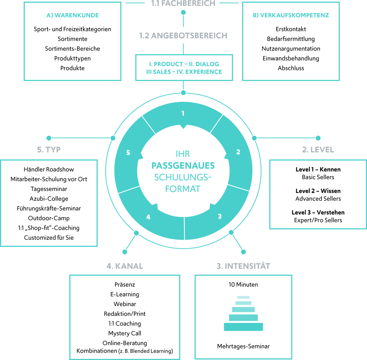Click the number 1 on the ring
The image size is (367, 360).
tap(183, 113)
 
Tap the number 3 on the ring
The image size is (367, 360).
tap(220, 217)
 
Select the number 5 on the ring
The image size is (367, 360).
tap(128, 153)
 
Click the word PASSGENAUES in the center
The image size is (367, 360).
tap(183, 166)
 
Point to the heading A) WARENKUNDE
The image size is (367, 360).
tap(72, 15)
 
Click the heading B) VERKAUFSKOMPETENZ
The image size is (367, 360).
tap(291, 15)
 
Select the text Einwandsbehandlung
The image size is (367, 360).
tap(291, 58)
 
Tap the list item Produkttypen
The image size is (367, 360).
tap(72, 58)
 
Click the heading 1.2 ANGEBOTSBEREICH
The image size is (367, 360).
tap(183, 36)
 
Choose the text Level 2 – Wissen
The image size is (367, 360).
tap(318, 191)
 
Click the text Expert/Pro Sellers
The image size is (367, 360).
tap(318, 220)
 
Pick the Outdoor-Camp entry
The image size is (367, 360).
tap(49, 218)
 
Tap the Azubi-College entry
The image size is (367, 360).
tap(49, 199)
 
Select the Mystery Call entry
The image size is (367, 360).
tap(125, 333)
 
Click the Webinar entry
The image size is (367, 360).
tap(125, 304)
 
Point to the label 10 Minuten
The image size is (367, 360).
tap(243, 285)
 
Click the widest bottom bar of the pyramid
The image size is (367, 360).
tap(243, 327)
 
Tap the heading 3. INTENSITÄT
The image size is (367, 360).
tap(243, 266)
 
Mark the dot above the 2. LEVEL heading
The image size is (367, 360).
tap(318, 138)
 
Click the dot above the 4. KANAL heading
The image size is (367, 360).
tap(125, 252)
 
